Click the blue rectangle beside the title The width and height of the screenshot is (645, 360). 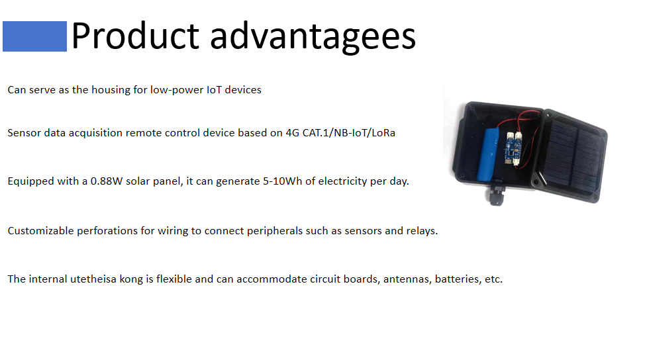34,36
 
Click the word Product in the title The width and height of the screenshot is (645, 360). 135,36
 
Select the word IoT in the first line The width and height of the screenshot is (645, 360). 214,89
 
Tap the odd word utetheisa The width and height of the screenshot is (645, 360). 93,279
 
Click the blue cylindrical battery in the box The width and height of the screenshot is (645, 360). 488,154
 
